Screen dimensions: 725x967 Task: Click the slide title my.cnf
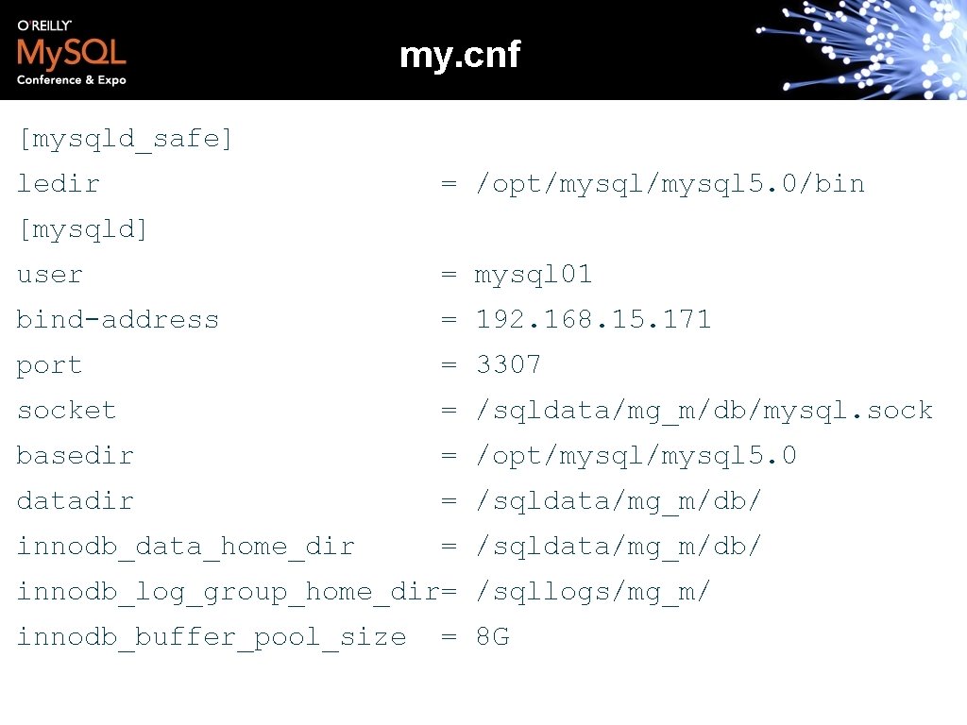(x=459, y=56)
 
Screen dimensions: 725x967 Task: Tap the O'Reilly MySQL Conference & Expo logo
(x=72, y=53)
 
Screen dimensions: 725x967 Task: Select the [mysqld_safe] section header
(x=125, y=139)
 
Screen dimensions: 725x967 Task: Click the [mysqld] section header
(x=83, y=229)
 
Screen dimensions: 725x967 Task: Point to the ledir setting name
(x=59, y=183)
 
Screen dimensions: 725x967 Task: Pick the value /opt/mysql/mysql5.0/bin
(x=670, y=183)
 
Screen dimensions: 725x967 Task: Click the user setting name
(x=50, y=275)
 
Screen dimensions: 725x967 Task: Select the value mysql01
(x=534, y=275)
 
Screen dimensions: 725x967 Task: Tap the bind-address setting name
(x=118, y=320)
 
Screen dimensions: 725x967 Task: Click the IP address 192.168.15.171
(x=593, y=320)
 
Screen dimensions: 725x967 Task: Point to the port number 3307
(x=508, y=364)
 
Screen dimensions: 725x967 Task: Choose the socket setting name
(x=66, y=411)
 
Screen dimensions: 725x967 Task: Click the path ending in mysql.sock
(x=704, y=411)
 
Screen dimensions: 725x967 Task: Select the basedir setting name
(x=76, y=456)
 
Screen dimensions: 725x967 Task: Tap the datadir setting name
(x=76, y=501)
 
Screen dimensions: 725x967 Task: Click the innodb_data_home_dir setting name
(x=186, y=547)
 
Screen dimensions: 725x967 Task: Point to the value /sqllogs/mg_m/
(x=593, y=592)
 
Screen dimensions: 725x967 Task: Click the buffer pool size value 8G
(x=492, y=637)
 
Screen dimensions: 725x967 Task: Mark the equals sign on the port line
(x=450, y=365)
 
